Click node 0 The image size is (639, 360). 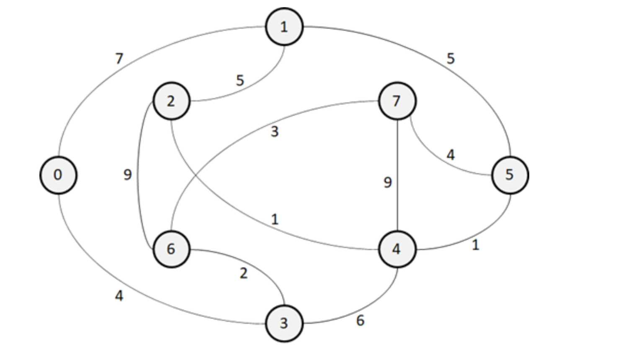click(x=58, y=175)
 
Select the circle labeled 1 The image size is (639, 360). click(x=284, y=27)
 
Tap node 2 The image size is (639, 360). click(x=171, y=101)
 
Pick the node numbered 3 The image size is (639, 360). click(x=284, y=323)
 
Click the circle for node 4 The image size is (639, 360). click(x=397, y=249)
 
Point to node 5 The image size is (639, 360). click(x=510, y=175)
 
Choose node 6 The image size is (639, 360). click(x=171, y=249)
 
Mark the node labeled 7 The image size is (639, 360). click(x=397, y=101)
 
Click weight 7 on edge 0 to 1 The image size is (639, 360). click(x=120, y=59)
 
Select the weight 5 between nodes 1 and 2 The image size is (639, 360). click(x=240, y=80)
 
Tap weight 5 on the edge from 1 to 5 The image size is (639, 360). click(x=451, y=59)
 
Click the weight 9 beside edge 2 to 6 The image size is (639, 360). click(x=128, y=175)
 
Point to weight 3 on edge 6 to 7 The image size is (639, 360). click(x=274, y=132)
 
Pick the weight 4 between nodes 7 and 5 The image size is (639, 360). click(x=451, y=155)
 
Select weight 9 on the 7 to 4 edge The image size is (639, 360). click(x=388, y=183)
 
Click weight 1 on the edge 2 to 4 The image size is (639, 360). click(x=275, y=219)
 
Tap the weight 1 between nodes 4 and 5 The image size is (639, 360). click(x=475, y=245)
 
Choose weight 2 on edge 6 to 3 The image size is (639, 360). click(x=244, y=273)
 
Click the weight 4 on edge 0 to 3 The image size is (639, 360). click(x=119, y=296)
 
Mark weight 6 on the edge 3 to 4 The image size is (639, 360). click(x=360, y=321)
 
